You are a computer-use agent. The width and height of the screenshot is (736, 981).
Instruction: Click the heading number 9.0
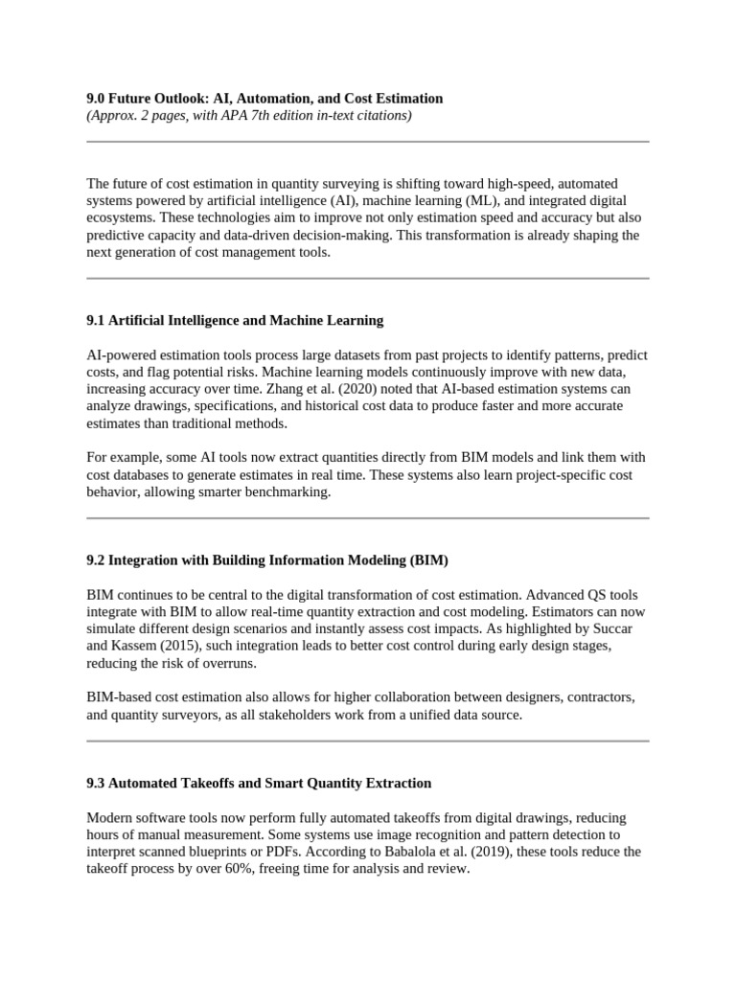click(x=97, y=99)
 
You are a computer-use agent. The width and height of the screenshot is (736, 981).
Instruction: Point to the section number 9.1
click(x=97, y=320)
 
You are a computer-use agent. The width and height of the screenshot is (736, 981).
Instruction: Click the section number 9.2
click(x=97, y=559)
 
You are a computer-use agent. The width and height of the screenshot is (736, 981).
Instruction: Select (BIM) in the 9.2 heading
click(x=428, y=559)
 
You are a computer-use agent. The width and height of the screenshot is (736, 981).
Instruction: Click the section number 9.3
click(x=97, y=783)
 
